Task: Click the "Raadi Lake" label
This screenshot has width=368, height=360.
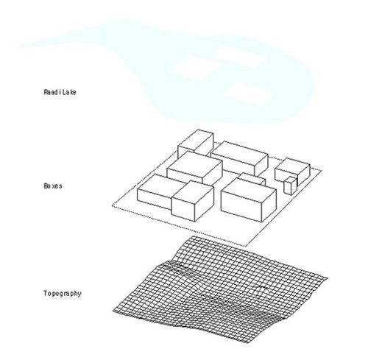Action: click(60, 92)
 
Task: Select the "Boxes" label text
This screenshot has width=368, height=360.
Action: click(53, 186)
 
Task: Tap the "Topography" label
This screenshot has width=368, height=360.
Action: click(63, 294)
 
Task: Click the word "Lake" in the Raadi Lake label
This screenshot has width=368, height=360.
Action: click(69, 92)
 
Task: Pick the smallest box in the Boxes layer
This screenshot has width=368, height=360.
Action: click(290, 186)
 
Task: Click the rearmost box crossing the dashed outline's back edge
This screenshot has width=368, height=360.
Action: click(196, 144)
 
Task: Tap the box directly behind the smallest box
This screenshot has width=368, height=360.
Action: click(292, 171)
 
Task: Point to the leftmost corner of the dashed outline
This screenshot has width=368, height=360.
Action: click(113, 205)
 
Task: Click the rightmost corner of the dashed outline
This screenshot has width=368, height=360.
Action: click(321, 170)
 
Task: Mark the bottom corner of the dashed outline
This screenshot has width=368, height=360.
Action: click(246, 246)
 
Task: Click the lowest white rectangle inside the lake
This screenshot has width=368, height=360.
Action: click(248, 94)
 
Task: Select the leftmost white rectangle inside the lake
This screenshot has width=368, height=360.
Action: click(194, 68)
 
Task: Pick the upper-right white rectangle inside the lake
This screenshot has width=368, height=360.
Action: click(239, 57)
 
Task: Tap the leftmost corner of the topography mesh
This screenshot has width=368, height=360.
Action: click(113, 311)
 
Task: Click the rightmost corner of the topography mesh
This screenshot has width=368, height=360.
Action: click(328, 278)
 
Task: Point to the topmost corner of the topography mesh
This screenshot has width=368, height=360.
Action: click(193, 236)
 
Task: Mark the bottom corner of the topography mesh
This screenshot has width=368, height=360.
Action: click(248, 342)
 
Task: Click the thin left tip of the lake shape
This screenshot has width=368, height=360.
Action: click(13, 46)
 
